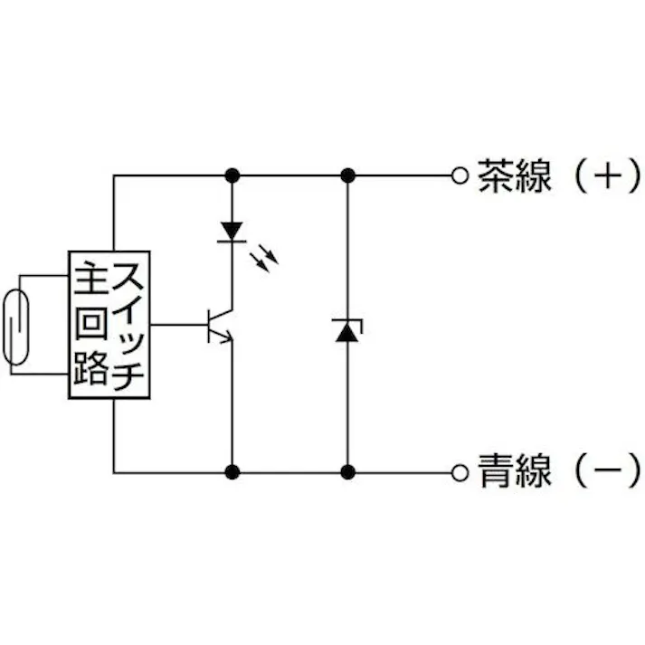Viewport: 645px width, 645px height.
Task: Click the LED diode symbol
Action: (232, 231)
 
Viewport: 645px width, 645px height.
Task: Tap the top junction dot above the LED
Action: (232, 175)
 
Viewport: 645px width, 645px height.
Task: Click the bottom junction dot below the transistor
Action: (232, 471)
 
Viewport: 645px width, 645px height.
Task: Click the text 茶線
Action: (514, 175)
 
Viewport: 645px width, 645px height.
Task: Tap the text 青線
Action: (514, 471)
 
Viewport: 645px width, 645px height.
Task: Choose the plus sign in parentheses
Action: (607, 175)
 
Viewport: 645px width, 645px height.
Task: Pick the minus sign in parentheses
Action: (607, 471)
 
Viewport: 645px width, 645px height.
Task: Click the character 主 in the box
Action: (90, 277)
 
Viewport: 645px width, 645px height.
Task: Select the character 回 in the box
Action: (90, 323)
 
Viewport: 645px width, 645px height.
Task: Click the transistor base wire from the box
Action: (177, 324)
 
